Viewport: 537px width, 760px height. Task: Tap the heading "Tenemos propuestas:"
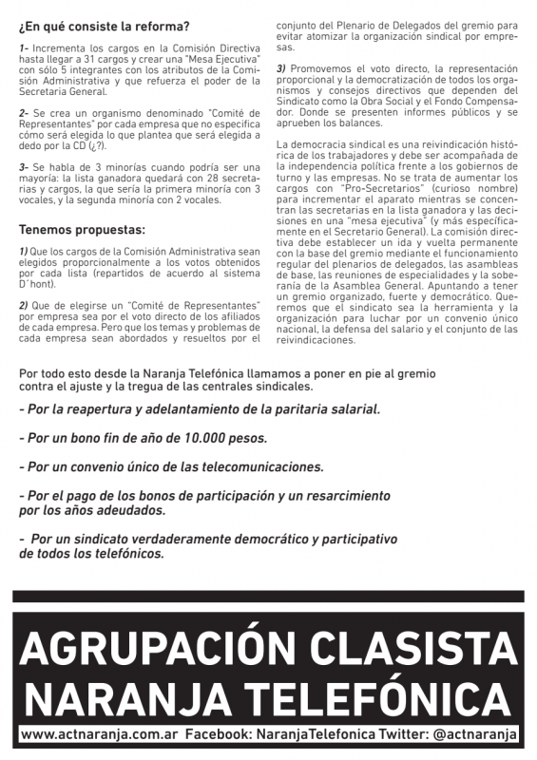(x=82, y=229)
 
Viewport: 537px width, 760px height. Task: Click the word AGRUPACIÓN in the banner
(x=140, y=650)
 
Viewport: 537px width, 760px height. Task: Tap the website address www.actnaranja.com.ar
(x=99, y=736)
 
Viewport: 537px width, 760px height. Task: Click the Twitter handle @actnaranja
(x=474, y=736)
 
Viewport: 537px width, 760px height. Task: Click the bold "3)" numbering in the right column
(x=281, y=67)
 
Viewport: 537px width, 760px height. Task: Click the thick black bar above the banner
(x=268, y=597)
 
